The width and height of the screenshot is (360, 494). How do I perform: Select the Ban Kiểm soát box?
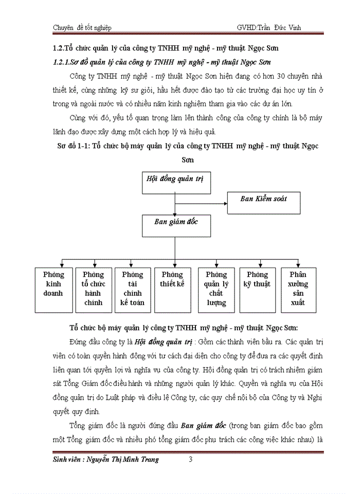pyautogui.click(x=263, y=198)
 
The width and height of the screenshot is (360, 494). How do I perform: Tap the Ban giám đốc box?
pyautogui.click(x=176, y=222)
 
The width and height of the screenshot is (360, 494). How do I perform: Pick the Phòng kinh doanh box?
pyautogui.click(x=53, y=290)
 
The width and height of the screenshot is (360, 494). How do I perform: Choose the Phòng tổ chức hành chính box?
pyautogui.click(x=93, y=290)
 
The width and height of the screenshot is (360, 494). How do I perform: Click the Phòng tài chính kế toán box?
pyautogui.click(x=132, y=290)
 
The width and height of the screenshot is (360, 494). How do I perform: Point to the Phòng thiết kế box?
pyautogui.click(x=172, y=290)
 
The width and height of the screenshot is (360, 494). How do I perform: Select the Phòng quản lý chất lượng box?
pyautogui.click(x=216, y=290)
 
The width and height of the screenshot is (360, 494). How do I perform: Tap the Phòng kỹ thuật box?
pyautogui.click(x=257, y=290)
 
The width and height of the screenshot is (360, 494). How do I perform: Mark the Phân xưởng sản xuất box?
pyautogui.click(x=298, y=290)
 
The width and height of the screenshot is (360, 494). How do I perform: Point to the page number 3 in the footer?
pyautogui.click(x=190, y=460)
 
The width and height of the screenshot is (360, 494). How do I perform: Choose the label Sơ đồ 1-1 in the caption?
pyautogui.click(x=74, y=146)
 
